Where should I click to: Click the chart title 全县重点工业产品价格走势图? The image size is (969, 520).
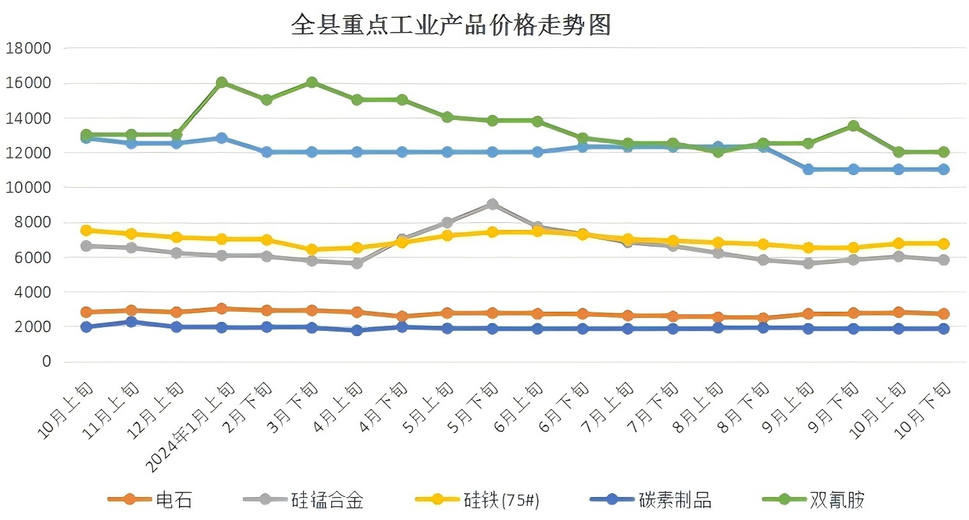tap(451, 25)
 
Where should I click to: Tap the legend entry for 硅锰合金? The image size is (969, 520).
tap(304, 500)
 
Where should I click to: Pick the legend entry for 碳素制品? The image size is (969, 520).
tap(651, 500)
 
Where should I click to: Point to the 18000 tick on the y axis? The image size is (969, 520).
tap(28, 49)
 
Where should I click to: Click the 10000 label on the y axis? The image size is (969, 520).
tap(28, 188)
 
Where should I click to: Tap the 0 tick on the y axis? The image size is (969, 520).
tap(46, 362)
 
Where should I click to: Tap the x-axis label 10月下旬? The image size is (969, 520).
tap(924, 410)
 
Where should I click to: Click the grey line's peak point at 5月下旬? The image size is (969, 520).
tap(492, 204)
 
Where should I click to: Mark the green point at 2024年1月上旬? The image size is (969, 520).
tap(222, 82)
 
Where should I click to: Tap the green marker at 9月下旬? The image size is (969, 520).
tap(853, 126)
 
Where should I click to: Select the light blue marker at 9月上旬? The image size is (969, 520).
tap(808, 169)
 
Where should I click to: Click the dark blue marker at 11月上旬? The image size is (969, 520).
tap(131, 322)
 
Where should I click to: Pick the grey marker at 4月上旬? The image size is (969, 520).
tap(357, 263)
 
